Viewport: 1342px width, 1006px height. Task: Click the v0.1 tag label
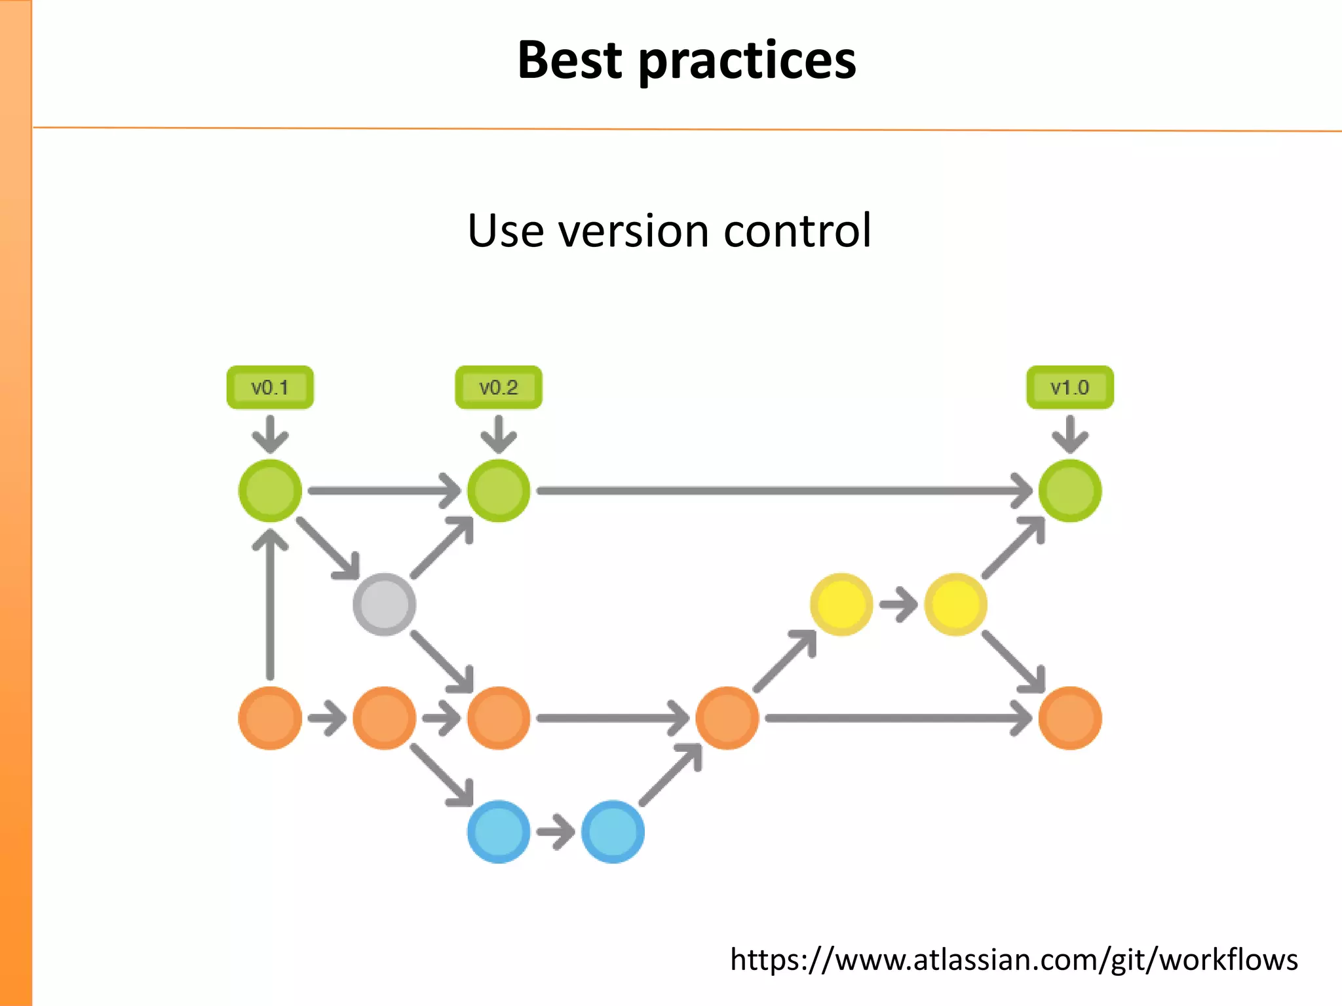point(270,388)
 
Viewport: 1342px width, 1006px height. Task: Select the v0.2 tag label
point(499,388)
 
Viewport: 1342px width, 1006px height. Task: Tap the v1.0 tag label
point(1069,388)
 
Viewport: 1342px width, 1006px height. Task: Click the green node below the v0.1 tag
point(270,491)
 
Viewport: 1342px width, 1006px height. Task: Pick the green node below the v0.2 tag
point(499,491)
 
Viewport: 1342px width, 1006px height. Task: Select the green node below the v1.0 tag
point(1069,491)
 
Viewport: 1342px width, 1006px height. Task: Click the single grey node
point(384,604)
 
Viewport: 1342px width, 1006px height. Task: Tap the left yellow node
point(841,604)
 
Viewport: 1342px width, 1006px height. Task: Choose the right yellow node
point(955,604)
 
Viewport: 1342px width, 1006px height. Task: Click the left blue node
point(499,832)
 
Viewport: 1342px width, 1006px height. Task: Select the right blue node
point(613,832)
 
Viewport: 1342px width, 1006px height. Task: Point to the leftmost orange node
point(270,718)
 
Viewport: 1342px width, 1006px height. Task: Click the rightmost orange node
point(1069,718)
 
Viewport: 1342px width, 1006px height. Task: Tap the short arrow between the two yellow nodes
point(898,604)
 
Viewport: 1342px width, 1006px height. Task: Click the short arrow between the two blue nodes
point(556,832)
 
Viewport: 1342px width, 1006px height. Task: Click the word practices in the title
point(747,60)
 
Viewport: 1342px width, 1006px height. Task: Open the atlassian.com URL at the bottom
point(1014,959)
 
